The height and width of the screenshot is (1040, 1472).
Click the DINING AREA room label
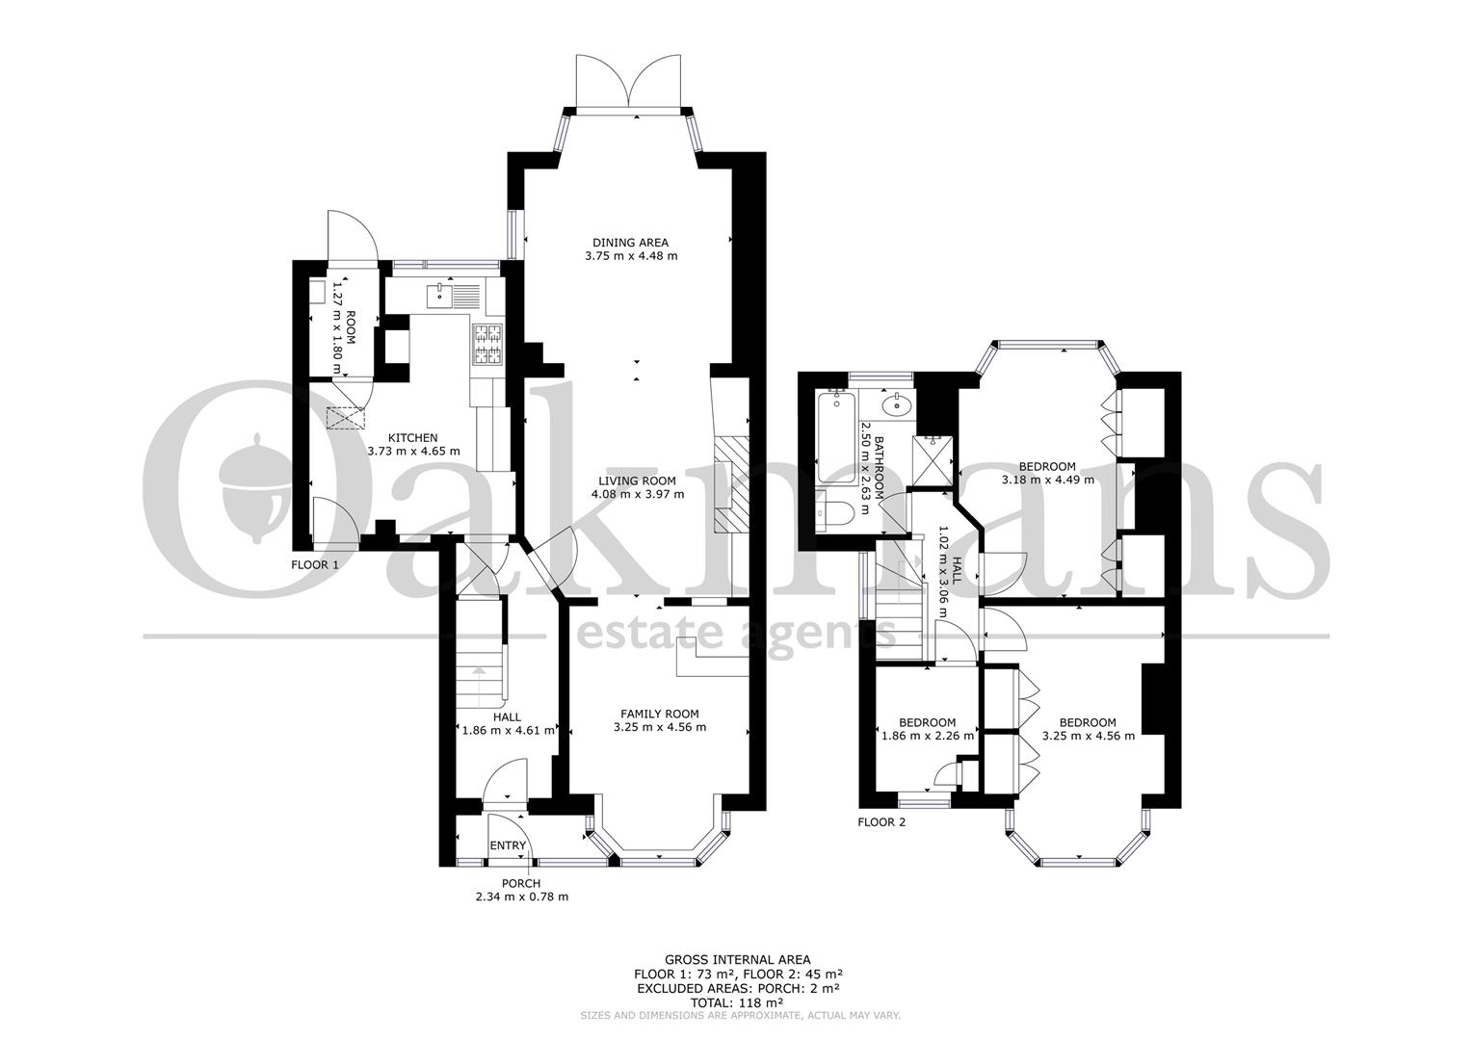pos(630,243)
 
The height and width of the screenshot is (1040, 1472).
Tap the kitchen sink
pos(439,296)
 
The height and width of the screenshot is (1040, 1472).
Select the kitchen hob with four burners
pos(486,346)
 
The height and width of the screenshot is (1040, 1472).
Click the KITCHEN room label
pos(412,437)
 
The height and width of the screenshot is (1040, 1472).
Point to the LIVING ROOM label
pos(637,481)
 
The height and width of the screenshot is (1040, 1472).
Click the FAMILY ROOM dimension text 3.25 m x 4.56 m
pos(660,727)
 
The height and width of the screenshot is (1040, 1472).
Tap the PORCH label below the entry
pos(521,884)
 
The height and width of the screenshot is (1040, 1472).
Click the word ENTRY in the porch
pos(508,845)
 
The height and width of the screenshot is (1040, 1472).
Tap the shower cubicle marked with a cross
pos(932,461)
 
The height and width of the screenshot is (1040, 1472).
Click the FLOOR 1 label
pos(315,564)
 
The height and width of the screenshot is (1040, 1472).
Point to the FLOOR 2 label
pos(881,821)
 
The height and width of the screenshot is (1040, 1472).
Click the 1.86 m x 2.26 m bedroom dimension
pos(928,736)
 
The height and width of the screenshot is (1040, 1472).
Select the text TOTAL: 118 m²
pos(736,1002)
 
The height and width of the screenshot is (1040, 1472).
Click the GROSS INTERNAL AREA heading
pos(737,960)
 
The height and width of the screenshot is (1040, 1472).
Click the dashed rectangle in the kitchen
pos(345,418)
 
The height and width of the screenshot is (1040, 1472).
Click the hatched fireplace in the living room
pos(731,484)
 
